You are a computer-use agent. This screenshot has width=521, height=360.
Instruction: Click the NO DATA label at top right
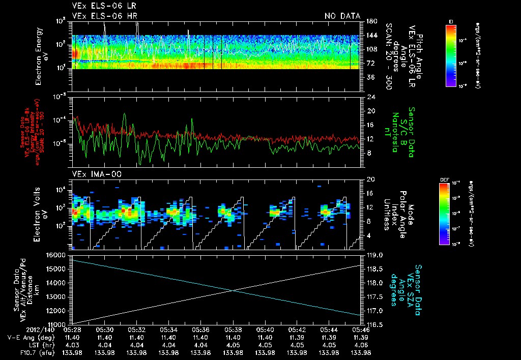pyautogui.click(x=342, y=16)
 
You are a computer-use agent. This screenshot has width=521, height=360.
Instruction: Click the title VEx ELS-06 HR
pyautogui.click(x=104, y=16)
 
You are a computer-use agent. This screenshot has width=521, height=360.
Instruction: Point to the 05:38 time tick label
pyautogui.click(x=233, y=329)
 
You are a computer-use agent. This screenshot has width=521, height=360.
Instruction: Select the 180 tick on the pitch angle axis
pyautogui.click(x=371, y=21)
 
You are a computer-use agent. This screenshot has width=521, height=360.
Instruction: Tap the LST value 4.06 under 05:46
pyautogui.click(x=361, y=345)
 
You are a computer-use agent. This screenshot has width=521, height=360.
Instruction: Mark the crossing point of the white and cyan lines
pyautogui.click(x=233, y=290)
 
